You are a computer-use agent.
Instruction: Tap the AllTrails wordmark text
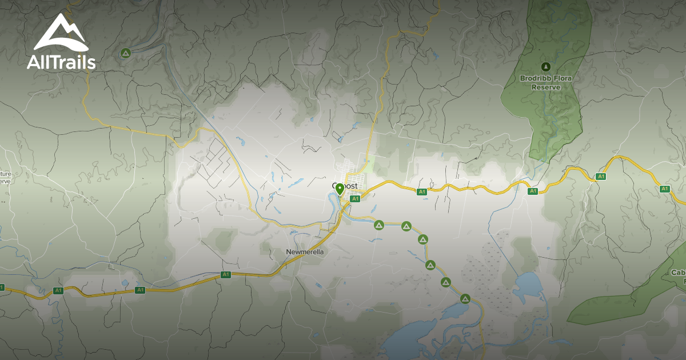click(x=61, y=62)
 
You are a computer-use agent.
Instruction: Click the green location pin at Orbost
click(x=340, y=189)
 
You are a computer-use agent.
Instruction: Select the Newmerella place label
click(x=305, y=252)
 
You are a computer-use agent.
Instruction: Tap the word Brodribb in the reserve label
click(x=532, y=78)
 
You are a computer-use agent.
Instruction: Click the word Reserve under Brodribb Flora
click(x=545, y=87)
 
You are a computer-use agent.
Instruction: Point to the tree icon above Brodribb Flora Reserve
click(x=545, y=66)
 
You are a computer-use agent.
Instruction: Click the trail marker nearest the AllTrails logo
click(x=126, y=54)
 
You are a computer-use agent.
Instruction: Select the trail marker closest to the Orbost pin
click(x=378, y=226)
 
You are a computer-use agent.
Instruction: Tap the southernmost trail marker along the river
click(x=465, y=298)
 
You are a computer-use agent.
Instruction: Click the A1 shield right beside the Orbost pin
click(x=355, y=199)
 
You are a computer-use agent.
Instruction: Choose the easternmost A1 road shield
click(x=664, y=189)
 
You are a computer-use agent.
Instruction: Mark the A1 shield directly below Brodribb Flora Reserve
click(x=532, y=191)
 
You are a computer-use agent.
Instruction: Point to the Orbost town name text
click(x=346, y=186)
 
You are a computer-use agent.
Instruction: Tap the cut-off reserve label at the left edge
click(x=5, y=177)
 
